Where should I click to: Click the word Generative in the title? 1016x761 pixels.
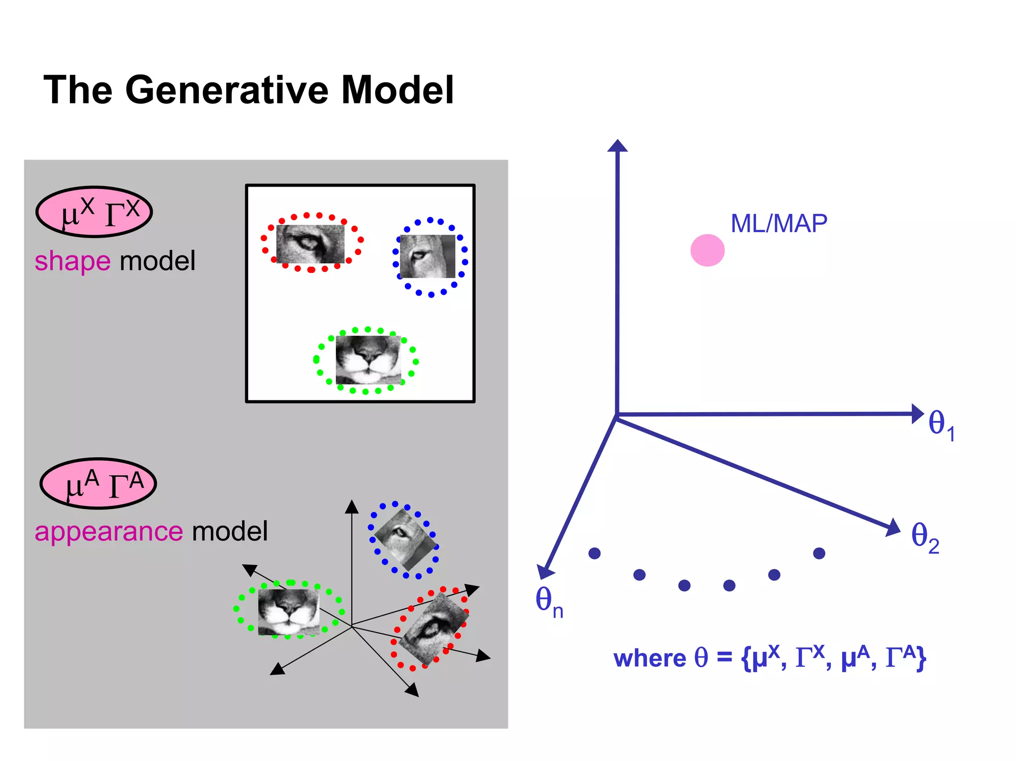(x=227, y=90)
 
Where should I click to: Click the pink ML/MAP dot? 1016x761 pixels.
(x=707, y=251)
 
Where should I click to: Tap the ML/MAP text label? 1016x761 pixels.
(x=778, y=224)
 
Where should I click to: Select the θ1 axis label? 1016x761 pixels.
(x=941, y=425)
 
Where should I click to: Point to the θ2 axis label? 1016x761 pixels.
(x=925, y=538)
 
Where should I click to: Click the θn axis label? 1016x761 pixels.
(x=549, y=601)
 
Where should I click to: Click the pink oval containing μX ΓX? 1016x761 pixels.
(x=94, y=212)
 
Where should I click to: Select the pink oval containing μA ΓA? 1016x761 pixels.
(x=98, y=484)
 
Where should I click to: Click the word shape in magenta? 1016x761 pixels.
(x=72, y=261)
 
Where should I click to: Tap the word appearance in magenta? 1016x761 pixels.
(x=109, y=532)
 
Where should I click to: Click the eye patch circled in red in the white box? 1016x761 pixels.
(x=311, y=244)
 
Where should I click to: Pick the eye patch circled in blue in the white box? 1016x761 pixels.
(x=428, y=256)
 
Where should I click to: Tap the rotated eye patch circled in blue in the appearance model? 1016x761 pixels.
(x=404, y=540)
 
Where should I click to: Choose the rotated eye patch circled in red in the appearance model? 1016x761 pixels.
(x=434, y=629)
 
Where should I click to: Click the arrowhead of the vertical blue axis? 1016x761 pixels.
(x=618, y=146)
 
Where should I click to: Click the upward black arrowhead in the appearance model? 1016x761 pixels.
(x=352, y=507)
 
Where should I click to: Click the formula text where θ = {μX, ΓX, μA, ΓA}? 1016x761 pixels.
(x=769, y=658)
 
